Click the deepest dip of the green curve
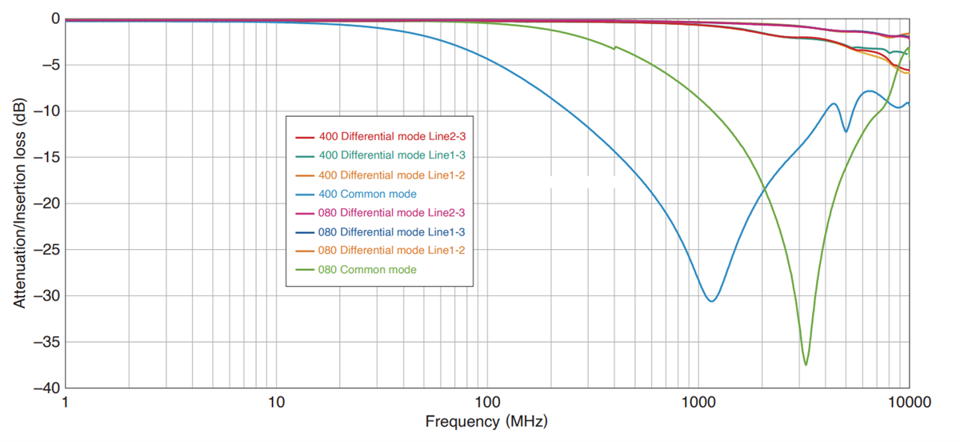click(806, 365)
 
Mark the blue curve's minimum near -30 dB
click(711, 300)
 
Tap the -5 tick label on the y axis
click(50, 65)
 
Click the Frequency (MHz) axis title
click(486, 422)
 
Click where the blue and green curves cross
click(764, 190)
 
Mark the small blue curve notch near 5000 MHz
click(846, 131)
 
